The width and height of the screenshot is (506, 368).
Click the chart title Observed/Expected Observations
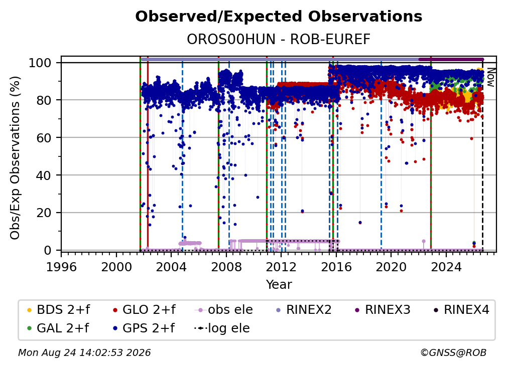click(279, 17)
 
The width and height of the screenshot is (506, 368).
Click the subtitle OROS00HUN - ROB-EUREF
click(279, 39)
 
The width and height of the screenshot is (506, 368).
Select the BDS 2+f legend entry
click(58, 310)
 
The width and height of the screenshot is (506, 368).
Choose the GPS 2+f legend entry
click(144, 328)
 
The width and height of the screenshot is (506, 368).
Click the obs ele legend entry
click(224, 310)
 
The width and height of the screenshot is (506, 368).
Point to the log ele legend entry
click(222, 328)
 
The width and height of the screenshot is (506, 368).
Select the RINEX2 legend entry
click(304, 310)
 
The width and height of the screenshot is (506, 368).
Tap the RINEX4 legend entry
click(461, 310)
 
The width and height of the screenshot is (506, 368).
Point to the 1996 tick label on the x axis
click(61, 267)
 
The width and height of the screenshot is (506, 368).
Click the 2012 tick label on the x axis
click(281, 267)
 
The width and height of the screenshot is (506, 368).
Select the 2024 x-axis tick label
click(446, 267)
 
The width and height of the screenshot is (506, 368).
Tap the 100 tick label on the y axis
click(40, 63)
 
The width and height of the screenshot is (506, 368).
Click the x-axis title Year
click(279, 285)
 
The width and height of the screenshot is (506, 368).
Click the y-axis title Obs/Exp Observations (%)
click(15, 158)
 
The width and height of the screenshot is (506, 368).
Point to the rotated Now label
click(490, 77)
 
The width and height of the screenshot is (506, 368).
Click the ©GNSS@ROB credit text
click(453, 352)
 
